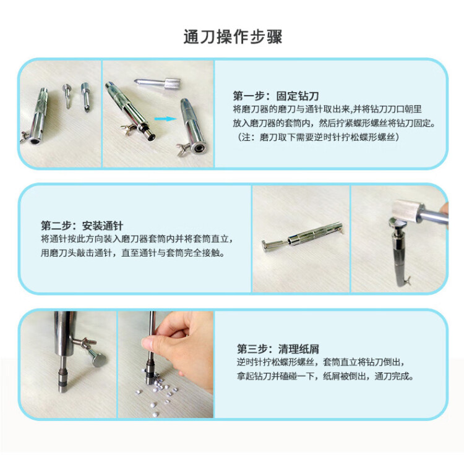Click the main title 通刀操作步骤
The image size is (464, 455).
[x=233, y=37]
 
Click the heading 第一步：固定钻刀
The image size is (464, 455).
[x=276, y=96]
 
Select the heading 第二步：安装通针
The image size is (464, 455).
[x=82, y=226]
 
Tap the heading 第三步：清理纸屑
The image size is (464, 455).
[x=278, y=349]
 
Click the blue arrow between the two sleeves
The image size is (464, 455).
[x=165, y=119]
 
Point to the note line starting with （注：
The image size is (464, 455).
[x=318, y=137]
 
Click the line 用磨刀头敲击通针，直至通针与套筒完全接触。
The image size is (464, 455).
[x=133, y=253]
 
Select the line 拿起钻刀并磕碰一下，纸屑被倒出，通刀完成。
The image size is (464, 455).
[x=325, y=376]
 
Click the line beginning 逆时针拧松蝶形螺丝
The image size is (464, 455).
[x=320, y=362]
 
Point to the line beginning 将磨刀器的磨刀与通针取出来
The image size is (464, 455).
[x=327, y=109]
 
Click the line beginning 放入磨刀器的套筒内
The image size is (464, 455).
[x=334, y=123]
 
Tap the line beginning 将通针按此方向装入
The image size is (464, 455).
[x=137, y=239]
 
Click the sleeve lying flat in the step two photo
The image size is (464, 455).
[x=303, y=237]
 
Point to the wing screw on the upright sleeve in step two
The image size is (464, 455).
[x=407, y=279]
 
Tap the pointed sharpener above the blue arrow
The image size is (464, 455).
[x=157, y=83]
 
